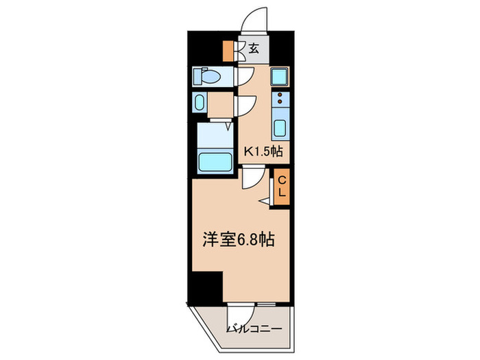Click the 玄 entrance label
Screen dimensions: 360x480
pos(253,48)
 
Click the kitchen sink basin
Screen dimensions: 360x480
pos(280,128)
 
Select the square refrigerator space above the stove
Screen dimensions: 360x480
pos(280,77)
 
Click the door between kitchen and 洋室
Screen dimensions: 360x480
pos(251,178)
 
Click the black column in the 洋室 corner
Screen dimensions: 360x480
pos(208,287)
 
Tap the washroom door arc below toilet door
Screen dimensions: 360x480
pos(245,104)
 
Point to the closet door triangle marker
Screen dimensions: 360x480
pos(265,201)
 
